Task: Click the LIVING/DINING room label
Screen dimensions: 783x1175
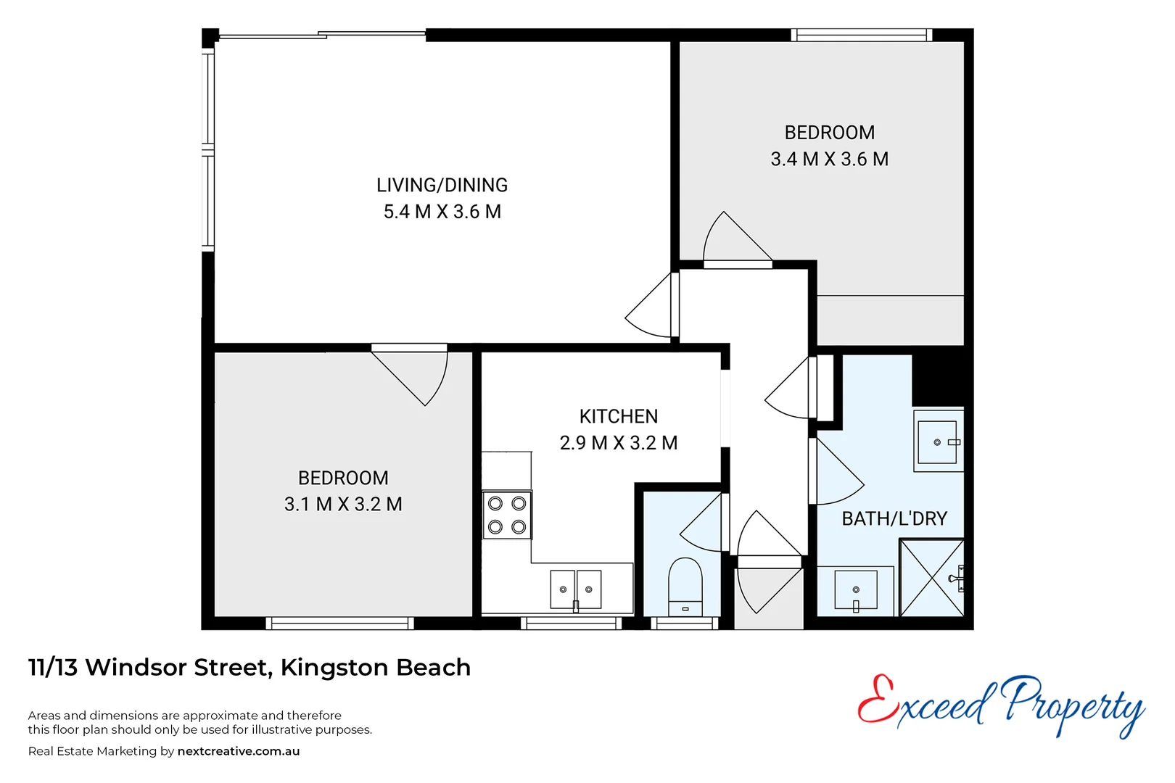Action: point(442,185)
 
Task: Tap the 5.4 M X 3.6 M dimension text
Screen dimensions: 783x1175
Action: point(442,212)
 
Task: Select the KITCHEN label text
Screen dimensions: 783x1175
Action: point(618,416)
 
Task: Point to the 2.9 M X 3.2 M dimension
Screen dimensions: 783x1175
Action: point(618,443)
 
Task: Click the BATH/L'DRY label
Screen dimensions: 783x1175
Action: point(894,518)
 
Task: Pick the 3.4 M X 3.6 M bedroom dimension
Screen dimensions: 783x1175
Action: point(829,159)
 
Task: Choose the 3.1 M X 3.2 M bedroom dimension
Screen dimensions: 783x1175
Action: point(343,504)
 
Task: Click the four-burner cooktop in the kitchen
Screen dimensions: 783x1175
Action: point(507,515)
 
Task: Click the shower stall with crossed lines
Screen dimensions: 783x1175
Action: point(931,578)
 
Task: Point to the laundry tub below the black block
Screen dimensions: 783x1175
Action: point(938,442)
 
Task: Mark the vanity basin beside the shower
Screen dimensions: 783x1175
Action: point(856,590)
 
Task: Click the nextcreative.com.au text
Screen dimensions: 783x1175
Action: point(238,751)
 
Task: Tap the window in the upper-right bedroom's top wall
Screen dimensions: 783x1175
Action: point(860,35)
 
